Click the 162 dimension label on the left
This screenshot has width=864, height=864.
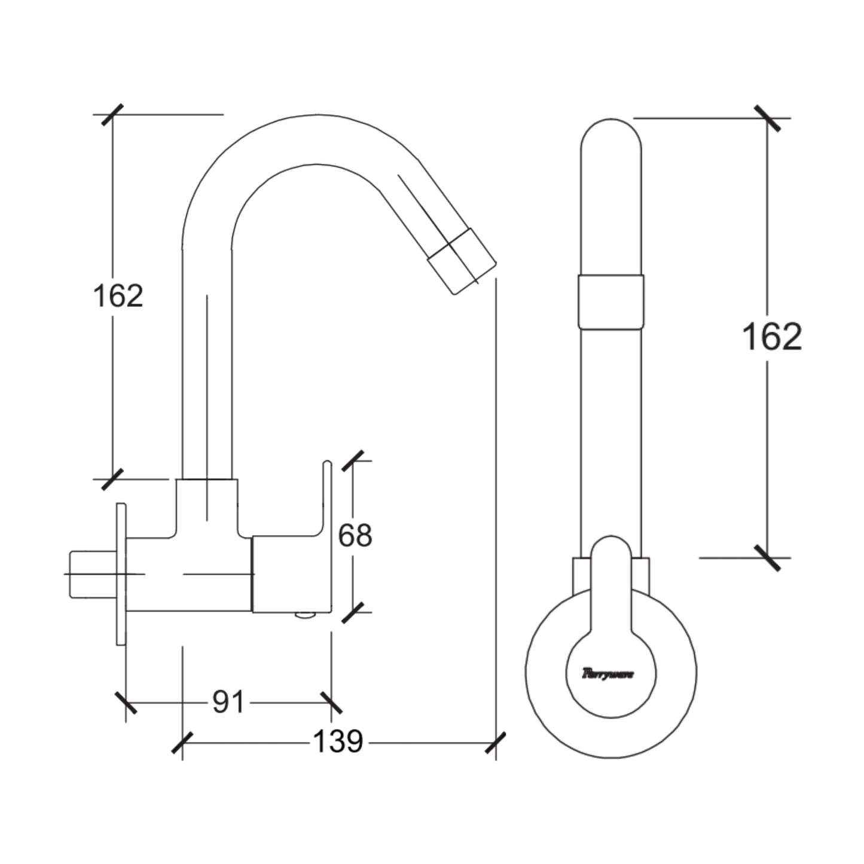pos(118,296)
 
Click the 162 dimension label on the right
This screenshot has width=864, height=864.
pos(771,337)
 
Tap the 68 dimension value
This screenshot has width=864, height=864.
pos(355,536)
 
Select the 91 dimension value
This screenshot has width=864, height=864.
pos(228,702)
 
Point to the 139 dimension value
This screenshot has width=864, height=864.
pos(338,742)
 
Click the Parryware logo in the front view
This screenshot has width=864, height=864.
pos(609,674)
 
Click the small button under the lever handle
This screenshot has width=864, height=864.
pos(306,615)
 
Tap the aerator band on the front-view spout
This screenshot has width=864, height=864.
pos(610,301)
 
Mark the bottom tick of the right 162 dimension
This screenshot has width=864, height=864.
pos(767,558)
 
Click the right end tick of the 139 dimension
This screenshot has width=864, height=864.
pos(496,743)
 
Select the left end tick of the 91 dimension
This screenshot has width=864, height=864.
pos(126,703)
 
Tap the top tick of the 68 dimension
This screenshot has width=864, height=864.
pos(353,461)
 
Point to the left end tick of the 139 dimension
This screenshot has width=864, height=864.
pos(182,743)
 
